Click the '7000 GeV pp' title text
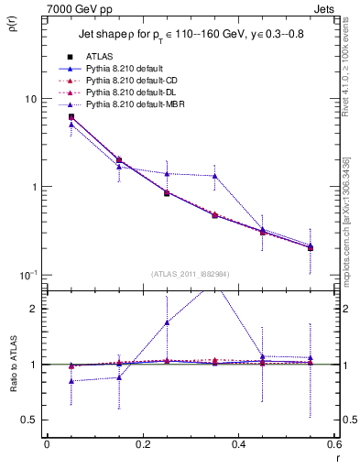click(75, 8)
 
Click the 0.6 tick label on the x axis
click(333, 445)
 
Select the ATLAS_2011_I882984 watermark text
click(191, 274)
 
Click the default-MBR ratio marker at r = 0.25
click(167, 322)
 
